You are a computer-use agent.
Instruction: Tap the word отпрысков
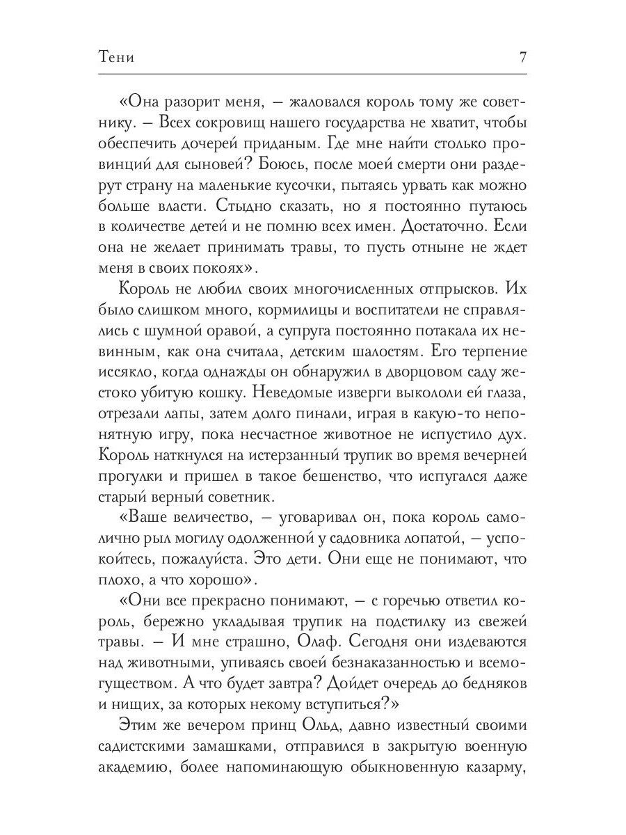pyautogui.click(x=444, y=289)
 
